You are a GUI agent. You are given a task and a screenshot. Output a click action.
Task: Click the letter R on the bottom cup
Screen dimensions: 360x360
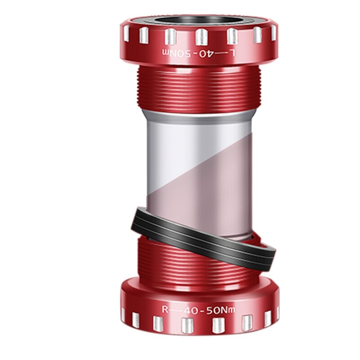coord(166,309)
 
